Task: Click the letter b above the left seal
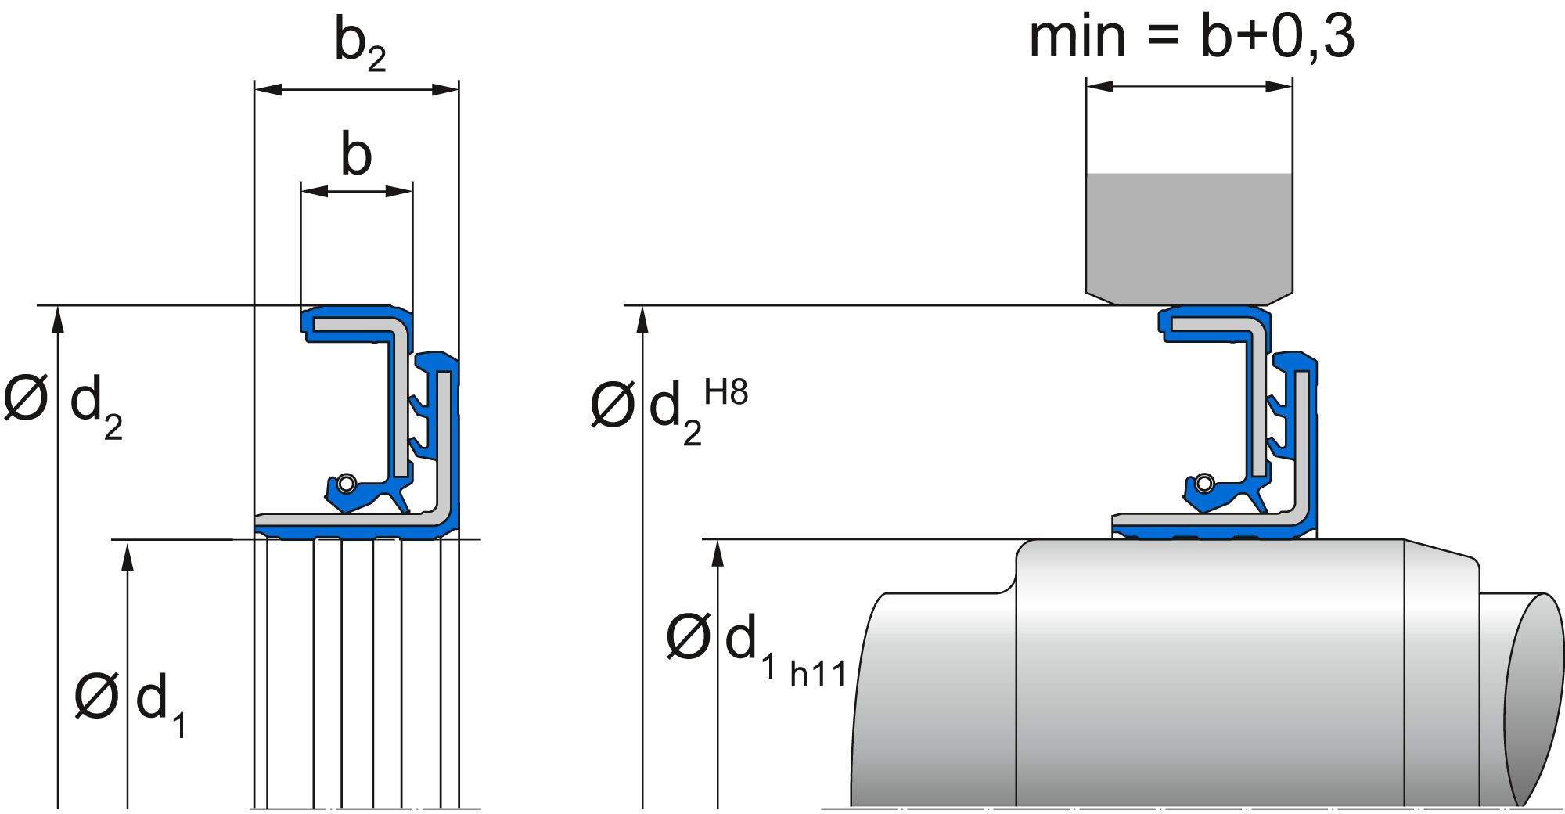click(356, 154)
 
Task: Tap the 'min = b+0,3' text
click(1191, 37)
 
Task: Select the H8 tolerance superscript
click(725, 392)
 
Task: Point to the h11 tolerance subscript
click(818, 674)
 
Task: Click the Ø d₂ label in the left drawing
click(63, 403)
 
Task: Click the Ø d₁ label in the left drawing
click(129, 701)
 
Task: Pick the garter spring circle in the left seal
click(347, 483)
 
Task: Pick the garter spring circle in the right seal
click(1205, 482)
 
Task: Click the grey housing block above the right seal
click(1189, 235)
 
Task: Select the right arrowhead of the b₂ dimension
click(445, 89)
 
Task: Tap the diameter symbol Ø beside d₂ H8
click(612, 405)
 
